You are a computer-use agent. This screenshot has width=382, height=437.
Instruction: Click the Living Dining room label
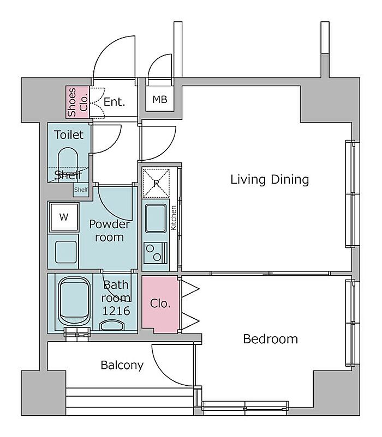pos(270,180)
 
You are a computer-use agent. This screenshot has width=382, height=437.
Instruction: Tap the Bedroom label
pos(270,339)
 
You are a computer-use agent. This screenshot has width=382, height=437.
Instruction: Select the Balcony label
pos(122,365)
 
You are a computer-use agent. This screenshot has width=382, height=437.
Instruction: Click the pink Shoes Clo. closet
pos(77,102)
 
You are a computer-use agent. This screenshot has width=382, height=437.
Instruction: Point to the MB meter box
pos(160,99)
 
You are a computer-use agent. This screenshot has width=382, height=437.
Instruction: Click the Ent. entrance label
pos(114,102)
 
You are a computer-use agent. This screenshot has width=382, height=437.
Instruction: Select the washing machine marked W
pos(64,217)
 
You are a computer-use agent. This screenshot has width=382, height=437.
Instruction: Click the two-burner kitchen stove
pos(156,253)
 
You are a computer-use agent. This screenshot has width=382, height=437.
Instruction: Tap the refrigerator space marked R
pos(156,183)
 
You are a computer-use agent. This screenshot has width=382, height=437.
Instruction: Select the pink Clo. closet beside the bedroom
pos(160,305)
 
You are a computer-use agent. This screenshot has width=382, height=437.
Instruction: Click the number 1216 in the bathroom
pos(116,311)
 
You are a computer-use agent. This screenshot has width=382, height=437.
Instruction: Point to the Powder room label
pos(109,231)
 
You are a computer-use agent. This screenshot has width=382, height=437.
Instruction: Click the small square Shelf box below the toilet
pos(81,190)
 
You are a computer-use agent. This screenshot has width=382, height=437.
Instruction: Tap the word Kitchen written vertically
pos(174,218)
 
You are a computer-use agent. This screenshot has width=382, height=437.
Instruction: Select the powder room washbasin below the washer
pos(66,252)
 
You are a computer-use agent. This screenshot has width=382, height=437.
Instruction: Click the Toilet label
pos(69,135)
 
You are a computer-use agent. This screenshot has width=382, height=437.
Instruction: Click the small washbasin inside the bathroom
pos(112,325)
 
